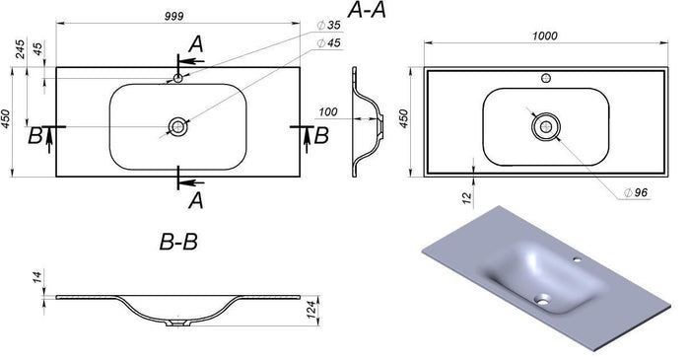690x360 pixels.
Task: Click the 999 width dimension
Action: point(174,17)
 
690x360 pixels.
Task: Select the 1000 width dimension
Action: point(545,36)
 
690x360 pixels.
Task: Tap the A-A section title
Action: point(367,10)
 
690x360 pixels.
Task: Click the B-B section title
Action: point(178,242)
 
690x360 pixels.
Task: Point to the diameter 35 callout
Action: point(329,25)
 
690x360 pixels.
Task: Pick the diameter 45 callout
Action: point(329,43)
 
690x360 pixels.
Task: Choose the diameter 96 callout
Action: point(636,192)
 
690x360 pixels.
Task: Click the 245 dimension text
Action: point(21,49)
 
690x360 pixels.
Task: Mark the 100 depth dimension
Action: point(328,112)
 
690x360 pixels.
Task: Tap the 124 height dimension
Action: point(311,310)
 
